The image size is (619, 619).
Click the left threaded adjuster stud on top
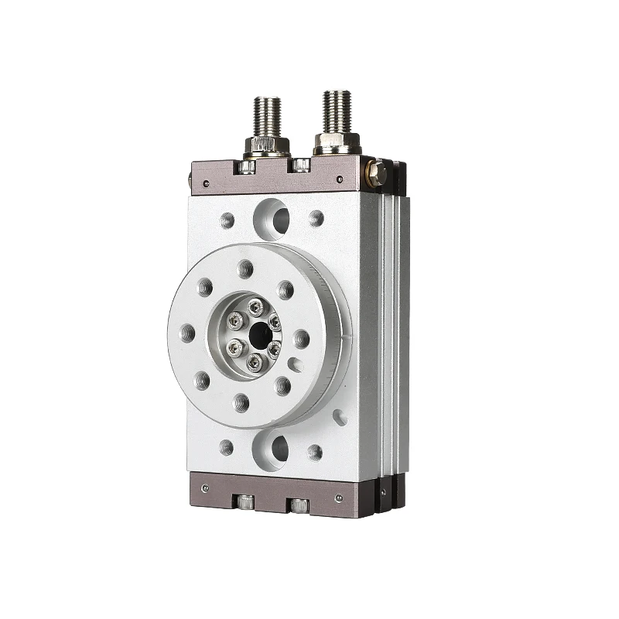(x=268, y=116)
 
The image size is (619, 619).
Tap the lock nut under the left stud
(x=266, y=145)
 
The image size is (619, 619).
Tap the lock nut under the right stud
(x=337, y=142)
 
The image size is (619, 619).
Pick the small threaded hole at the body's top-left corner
(x=227, y=220)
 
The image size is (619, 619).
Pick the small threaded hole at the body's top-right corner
(x=316, y=218)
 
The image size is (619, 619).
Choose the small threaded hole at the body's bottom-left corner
(x=226, y=446)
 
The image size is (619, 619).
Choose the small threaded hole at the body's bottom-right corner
(x=315, y=451)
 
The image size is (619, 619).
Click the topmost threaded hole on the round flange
(x=246, y=269)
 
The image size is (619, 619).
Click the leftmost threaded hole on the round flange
(x=188, y=333)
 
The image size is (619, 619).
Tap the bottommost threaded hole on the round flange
(x=241, y=401)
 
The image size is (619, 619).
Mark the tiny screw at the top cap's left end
(x=207, y=183)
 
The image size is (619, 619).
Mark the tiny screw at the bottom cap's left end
(x=205, y=487)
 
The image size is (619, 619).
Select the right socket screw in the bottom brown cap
(x=299, y=506)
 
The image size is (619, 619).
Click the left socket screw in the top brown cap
(x=247, y=166)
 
